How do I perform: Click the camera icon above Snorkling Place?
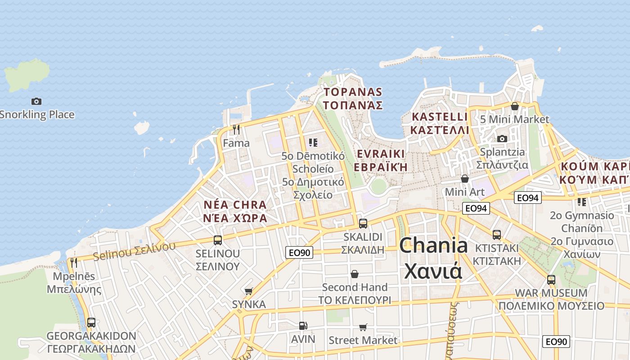(36, 101)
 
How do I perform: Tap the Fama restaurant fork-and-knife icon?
(236, 130)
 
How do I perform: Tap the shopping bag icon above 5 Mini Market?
(514, 106)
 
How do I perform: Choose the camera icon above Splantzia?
(502, 139)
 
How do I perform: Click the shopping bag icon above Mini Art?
(464, 179)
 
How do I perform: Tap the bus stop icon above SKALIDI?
(363, 223)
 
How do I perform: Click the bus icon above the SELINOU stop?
(218, 240)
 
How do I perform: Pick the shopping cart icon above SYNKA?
(248, 291)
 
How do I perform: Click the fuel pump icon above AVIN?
(303, 325)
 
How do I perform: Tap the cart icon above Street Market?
(363, 327)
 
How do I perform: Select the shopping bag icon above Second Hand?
(355, 274)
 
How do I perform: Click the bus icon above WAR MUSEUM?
(551, 279)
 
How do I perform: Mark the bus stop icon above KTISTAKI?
(496, 234)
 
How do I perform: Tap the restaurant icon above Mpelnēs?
(74, 262)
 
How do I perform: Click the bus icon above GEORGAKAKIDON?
(91, 322)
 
